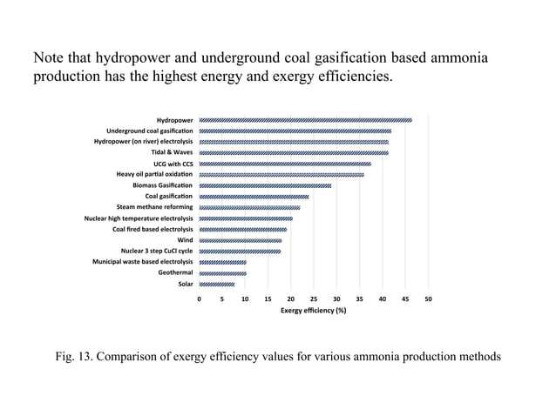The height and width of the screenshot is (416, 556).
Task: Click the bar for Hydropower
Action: [305, 120]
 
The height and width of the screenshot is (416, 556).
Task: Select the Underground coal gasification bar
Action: [295, 131]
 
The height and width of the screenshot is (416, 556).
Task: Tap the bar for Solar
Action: [217, 284]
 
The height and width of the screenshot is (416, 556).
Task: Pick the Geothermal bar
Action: [223, 273]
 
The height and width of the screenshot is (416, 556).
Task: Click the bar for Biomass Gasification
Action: [265, 185]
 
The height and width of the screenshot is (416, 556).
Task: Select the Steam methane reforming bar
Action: [249, 207]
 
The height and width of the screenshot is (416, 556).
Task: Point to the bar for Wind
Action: [241, 240]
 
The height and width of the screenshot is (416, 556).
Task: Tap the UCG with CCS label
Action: [173, 164]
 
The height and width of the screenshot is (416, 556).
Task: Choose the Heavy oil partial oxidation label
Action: [154, 174]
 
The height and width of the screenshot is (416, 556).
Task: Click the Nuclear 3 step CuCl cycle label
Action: [157, 251]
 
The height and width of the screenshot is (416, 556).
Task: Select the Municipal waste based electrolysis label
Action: [143, 262]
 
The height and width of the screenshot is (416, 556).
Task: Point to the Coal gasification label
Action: [169, 196]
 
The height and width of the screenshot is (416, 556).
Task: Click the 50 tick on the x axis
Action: [428, 299]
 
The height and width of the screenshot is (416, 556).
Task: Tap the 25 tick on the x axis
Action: [314, 299]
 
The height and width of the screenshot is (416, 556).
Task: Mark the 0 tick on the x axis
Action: [200, 299]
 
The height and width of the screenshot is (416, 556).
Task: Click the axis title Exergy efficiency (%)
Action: [314, 311]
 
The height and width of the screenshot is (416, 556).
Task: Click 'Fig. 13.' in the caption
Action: [77, 357]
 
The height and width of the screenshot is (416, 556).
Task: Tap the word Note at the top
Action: [49, 58]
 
